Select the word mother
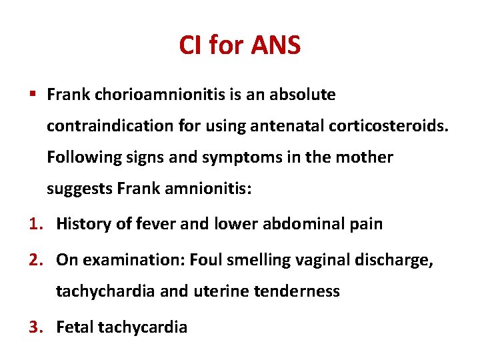tap(367, 158)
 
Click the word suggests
tap(79, 189)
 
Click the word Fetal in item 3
tap(75, 327)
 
